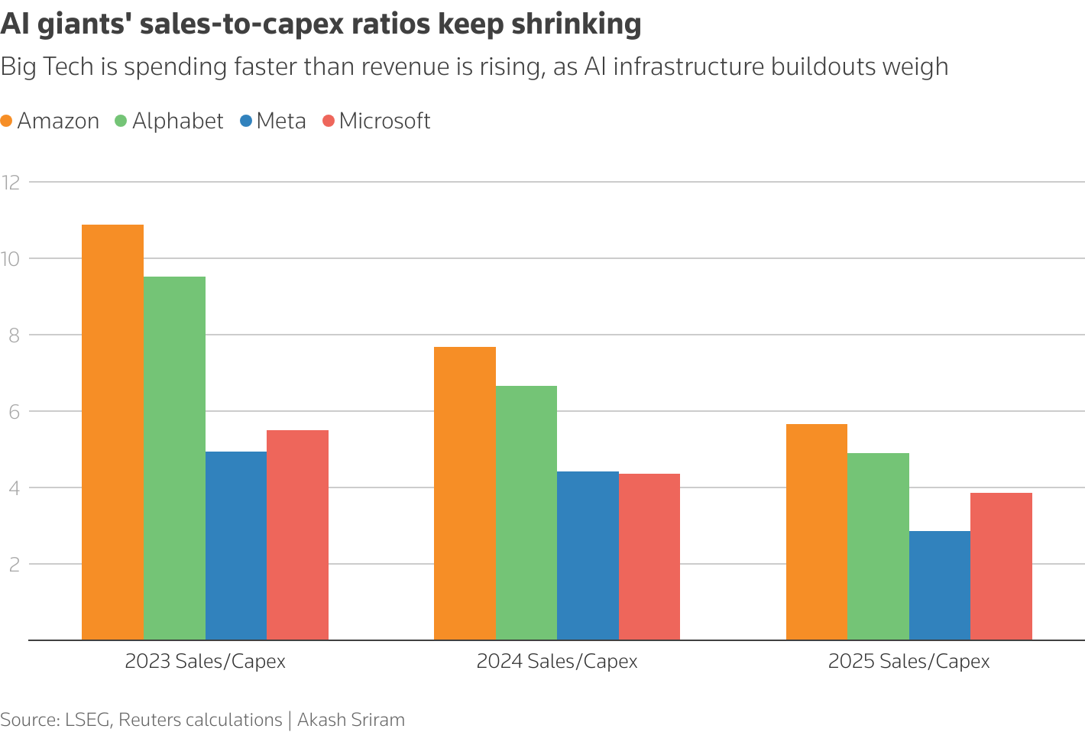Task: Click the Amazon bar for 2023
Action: click(x=112, y=432)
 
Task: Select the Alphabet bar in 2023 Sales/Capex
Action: click(x=174, y=458)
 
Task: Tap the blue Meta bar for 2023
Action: click(x=236, y=546)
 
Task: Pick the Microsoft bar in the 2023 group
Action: click(x=297, y=535)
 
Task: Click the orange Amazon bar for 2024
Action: click(x=465, y=493)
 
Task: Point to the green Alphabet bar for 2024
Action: click(x=526, y=513)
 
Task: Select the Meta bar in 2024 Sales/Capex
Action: click(x=588, y=555)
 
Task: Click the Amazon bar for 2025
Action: click(x=817, y=532)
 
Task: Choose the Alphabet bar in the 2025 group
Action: click(x=878, y=546)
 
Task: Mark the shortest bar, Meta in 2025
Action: click(x=940, y=585)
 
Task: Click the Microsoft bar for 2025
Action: click(x=1001, y=566)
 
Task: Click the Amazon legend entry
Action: click(x=58, y=121)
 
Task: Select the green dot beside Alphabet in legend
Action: click(x=121, y=121)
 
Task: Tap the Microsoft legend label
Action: click(x=384, y=121)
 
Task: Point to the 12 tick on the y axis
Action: click(x=11, y=182)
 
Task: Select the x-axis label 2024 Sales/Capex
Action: click(x=557, y=662)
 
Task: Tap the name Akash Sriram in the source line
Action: click(x=351, y=720)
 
